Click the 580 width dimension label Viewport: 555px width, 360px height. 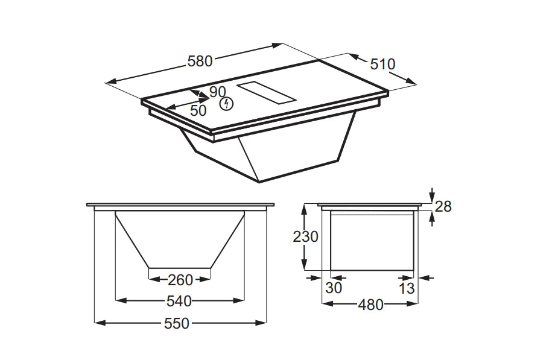click(x=200, y=62)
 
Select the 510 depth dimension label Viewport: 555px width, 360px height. click(x=382, y=64)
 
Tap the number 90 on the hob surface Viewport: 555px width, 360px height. click(x=217, y=92)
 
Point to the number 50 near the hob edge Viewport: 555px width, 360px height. click(x=198, y=111)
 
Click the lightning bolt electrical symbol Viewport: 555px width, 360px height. click(x=227, y=104)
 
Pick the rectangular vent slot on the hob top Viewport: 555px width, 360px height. click(x=266, y=93)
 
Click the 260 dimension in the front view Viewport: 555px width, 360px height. click(x=180, y=280)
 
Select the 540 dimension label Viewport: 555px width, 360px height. click(x=179, y=302)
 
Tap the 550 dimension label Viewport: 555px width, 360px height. click(x=177, y=323)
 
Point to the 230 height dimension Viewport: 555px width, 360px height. click(x=305, y=236)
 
